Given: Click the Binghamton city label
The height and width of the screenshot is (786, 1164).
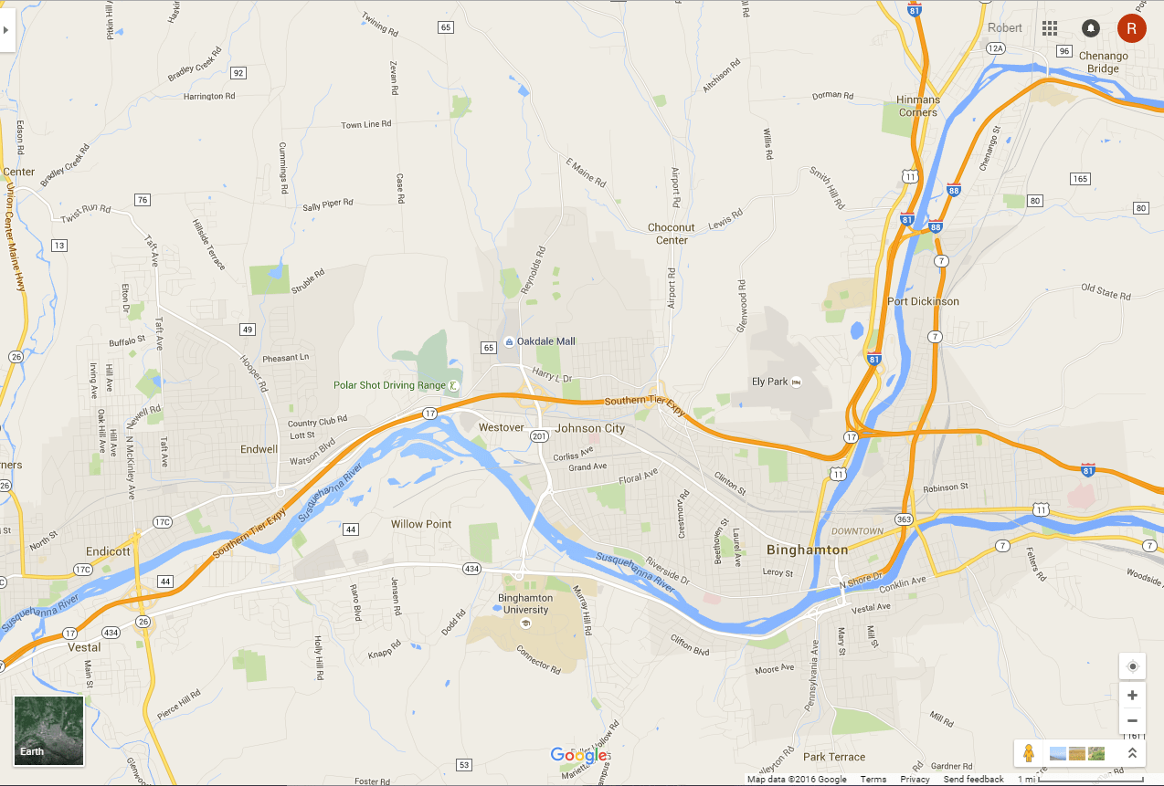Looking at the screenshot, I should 807,550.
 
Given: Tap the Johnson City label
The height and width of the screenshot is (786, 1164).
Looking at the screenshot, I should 590,428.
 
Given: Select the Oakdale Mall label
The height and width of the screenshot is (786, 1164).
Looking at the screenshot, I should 545,341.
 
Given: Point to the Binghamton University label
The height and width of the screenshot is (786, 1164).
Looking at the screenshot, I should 525,603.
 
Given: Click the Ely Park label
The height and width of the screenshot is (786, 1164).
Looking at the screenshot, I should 769,382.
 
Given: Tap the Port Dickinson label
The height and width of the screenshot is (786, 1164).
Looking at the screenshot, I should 923,301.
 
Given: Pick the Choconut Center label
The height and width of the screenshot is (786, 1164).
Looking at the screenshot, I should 672,234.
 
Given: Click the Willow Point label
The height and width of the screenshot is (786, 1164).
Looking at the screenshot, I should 421,524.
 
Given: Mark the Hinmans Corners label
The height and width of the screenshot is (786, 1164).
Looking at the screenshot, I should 917,106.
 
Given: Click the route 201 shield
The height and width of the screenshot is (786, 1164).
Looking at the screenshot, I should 539,436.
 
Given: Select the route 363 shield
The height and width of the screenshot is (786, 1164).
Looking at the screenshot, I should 904,519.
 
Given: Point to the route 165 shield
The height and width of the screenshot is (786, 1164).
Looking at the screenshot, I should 1081,178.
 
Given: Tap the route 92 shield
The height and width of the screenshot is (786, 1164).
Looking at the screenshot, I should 238,73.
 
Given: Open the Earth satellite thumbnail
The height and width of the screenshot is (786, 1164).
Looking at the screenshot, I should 48,729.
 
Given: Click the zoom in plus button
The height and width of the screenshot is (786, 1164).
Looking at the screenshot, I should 1132,695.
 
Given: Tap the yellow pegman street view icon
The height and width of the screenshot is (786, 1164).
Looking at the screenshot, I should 1029,753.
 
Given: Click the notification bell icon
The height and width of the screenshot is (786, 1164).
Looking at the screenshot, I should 1090,28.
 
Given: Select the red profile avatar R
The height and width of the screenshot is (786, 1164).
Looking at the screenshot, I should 1131,28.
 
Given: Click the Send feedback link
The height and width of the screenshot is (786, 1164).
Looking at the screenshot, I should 973,780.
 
